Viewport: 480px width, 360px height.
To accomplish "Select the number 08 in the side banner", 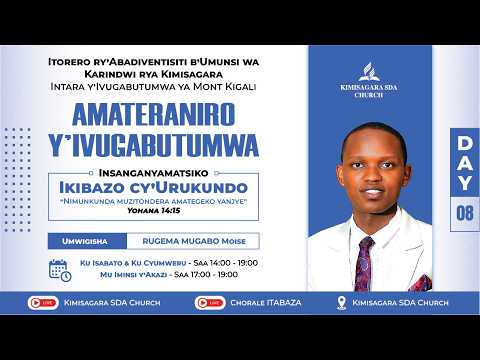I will click(x=464, y=212).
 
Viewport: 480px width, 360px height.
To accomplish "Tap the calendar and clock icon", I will click(x=60, y=269).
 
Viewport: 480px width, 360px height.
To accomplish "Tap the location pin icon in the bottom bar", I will click(x=343, y=302).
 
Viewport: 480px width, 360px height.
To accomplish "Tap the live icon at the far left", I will click(x=46, y=301).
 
